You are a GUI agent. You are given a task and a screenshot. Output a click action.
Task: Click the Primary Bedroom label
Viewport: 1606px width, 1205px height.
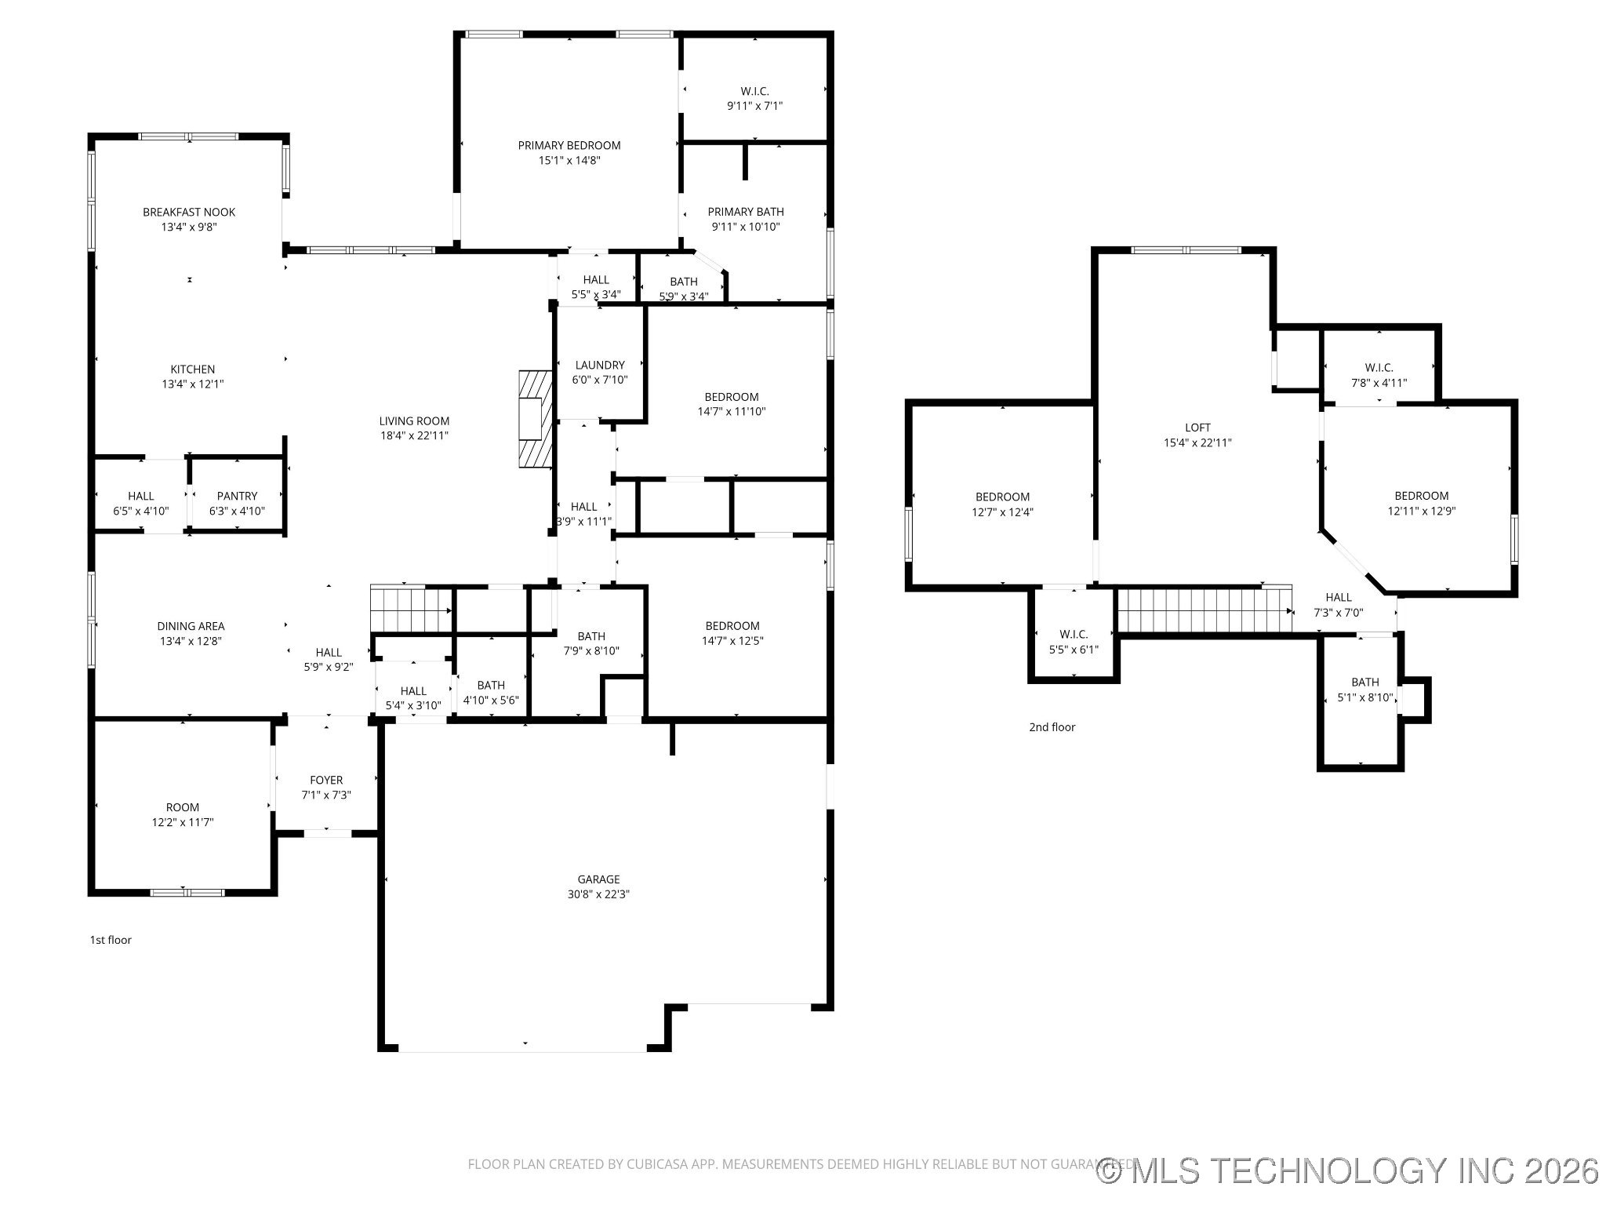tap(569, 145)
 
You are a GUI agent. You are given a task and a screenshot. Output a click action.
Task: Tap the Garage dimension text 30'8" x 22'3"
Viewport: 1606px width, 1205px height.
tap(598, 894)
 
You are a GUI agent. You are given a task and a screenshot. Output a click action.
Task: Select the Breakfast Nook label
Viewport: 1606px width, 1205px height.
tap(189, 212)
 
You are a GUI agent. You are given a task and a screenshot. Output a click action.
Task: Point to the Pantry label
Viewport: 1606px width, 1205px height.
tap(237, 496)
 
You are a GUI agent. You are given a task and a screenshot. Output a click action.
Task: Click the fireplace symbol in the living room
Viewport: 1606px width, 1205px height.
tap(535, 420)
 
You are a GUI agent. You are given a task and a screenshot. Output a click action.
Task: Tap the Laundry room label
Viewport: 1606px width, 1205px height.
tap(600, 365)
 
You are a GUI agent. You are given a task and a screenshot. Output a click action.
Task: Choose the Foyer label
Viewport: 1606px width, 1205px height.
tap(326, 780)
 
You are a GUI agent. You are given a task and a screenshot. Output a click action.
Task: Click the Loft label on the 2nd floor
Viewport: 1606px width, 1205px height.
tap(1197, 428)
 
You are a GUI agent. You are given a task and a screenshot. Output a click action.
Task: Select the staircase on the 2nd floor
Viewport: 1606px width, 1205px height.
tap(1204, 610)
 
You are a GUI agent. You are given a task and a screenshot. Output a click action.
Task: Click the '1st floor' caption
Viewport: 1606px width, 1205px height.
tap(111, 940)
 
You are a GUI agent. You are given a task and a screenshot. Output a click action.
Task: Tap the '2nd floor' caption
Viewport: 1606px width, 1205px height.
tap(1052, 727)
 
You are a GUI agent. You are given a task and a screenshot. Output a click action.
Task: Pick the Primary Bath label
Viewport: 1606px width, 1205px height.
tap(746, 212)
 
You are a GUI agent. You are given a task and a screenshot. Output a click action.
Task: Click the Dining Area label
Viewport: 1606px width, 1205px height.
tap(191, 626)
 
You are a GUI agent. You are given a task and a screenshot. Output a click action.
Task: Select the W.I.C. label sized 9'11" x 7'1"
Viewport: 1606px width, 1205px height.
tap(754, 98)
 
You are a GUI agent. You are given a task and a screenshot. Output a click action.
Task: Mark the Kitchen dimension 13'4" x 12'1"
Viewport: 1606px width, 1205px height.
tap(193, 384)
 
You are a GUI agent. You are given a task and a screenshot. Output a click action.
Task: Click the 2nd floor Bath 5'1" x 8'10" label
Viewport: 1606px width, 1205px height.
tap(1365, 690)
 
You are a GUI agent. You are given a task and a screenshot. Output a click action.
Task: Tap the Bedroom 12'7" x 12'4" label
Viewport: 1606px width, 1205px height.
tap(1002, 504)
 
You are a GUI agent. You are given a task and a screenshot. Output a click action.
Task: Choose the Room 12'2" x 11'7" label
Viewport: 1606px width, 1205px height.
tap(183, 814)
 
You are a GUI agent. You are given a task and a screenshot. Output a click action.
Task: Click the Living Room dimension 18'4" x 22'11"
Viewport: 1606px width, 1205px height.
tap(414, 435)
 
